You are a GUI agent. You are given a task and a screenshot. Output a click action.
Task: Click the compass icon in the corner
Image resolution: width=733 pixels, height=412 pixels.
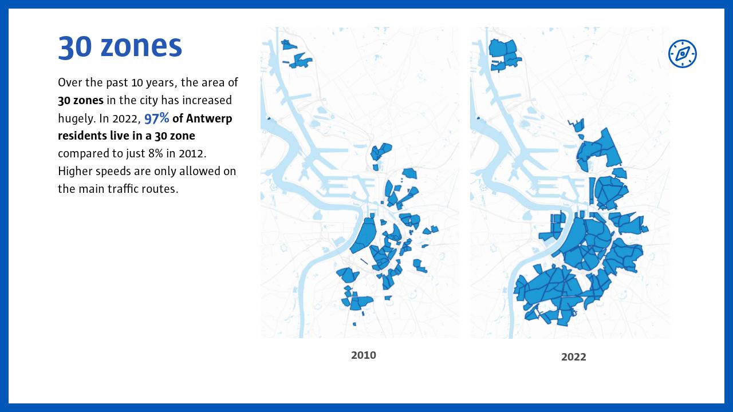tap(683, 54)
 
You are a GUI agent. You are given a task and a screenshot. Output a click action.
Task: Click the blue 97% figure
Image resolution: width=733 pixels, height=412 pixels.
tap(156, 118)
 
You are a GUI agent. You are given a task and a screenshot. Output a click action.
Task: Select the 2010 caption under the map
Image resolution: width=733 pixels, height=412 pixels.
tap(364, 355)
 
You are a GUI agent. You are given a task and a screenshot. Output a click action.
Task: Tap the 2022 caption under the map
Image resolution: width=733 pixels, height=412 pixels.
tap(573, 357)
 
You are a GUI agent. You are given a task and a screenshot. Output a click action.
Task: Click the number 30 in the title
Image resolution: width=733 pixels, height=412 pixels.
tap(75, 47)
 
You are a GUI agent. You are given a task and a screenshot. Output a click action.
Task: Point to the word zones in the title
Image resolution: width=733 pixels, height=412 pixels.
tap(141, 47)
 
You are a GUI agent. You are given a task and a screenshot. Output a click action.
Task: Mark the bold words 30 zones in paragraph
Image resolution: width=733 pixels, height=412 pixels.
tap(81, 100)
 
